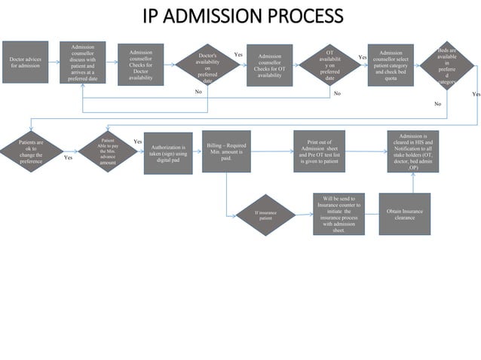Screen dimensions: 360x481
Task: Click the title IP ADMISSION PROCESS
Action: pyautogui.click(x=242, y=16)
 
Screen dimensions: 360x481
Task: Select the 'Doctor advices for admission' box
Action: pyautogui.click(x=25, y=62)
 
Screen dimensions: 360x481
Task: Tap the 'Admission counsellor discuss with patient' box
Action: pyautogui.click(x=82, y=63)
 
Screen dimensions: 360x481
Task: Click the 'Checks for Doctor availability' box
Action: pyautogui.click(x=140, y=66)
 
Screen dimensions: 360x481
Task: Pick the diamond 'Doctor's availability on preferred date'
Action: pyautogui.click(x=207, y=68)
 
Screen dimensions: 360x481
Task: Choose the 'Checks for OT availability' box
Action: pyautogui.click(x=269, y=66)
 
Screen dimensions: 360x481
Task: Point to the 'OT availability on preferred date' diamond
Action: pyautogui.click(x=329, y=66)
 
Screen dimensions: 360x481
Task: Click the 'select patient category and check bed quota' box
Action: pyautogui.click(x=391, y=66)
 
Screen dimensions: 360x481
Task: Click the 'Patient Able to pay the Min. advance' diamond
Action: pyautogui.click(x=108, y=151)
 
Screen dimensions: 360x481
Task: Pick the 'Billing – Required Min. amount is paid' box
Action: pyautogui.click(x=226, y=151)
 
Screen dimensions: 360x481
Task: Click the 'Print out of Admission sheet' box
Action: pyautogui.click(x=319, y=151)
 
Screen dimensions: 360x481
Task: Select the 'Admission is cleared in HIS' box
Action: pyautogui.click(x=413, y=151)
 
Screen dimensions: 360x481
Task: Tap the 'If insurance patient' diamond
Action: pyautogui.click(x=265, y=215)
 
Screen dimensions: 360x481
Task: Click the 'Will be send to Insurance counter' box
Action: pyautogui.click(x=339, y=214)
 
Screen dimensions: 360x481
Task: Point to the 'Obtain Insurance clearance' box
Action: pyautogui.click(x=405, y=215)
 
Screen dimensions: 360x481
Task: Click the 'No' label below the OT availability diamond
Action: pyautogui.click(x=337, y=93)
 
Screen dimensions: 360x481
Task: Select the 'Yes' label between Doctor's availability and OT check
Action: pyautogui.click(x=238, y=55)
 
